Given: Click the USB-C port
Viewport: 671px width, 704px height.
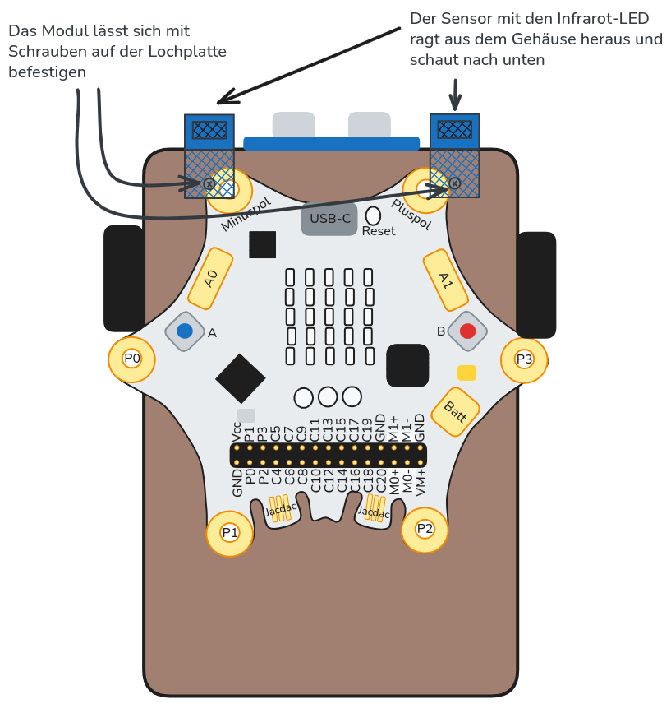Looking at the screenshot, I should (x=329, y=219).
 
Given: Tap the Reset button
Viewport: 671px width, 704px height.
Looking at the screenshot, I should (x=374, y=215).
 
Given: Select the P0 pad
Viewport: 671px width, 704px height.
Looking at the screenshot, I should (x=131, y=359).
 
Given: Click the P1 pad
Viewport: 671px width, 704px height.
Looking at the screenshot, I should (x=230, y=533).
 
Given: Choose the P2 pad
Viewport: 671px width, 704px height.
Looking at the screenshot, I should (x=425, y=529).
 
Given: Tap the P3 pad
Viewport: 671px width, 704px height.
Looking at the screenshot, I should (x=524, y=359).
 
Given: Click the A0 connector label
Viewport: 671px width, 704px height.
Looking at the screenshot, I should (x=211, y=279).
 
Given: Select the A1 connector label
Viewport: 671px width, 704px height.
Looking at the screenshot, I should (x=444, y=280).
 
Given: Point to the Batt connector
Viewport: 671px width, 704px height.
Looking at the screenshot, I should (x=455, y=411).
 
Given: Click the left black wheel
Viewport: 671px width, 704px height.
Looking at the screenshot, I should (x=124, y=278).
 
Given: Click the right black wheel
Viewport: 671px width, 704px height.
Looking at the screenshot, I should (x=536, y=285).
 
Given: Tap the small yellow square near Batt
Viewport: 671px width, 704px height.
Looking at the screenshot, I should (x=466, y=373).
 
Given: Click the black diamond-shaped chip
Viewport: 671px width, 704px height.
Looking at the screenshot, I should (x=241, y=378).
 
